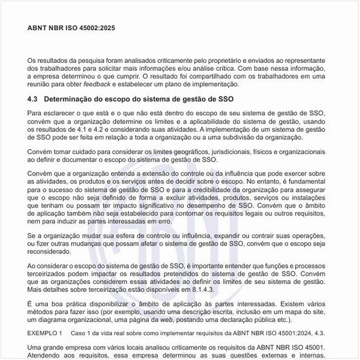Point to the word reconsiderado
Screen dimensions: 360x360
tap(52, 251)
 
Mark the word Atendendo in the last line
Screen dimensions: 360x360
tap(44, 356)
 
